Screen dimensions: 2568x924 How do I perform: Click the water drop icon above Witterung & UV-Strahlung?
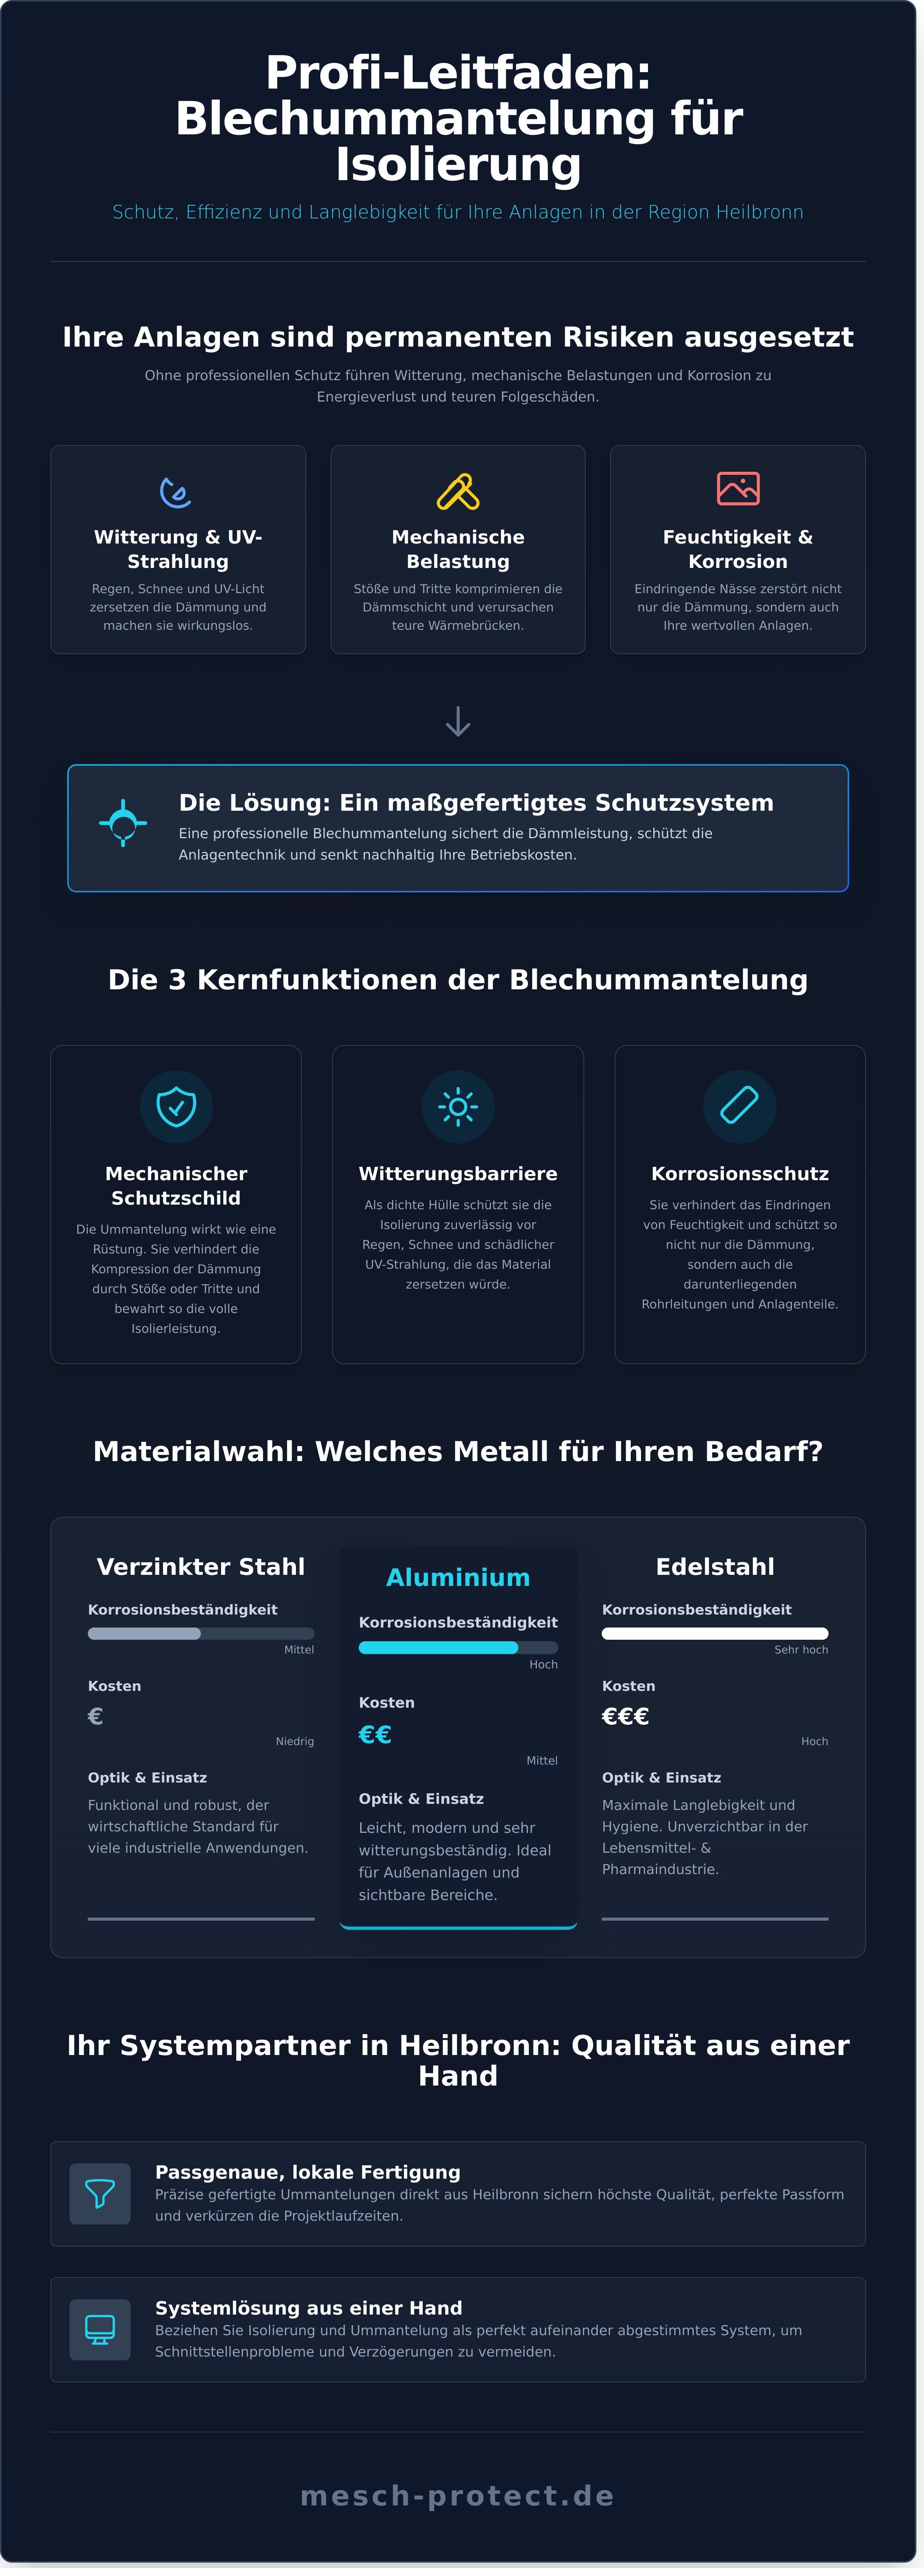176,492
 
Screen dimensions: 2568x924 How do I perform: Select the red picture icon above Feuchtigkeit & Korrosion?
738,489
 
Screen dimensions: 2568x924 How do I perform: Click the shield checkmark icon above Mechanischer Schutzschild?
176,1107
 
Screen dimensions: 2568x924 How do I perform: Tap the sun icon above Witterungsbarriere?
457,1107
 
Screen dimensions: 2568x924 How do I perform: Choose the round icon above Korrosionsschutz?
740,1107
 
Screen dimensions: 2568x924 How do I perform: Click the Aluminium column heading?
457,1577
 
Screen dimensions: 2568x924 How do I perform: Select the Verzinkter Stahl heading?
200,1566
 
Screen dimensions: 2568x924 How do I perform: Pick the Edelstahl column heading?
715,1566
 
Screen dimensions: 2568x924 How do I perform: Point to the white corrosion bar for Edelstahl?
715,1633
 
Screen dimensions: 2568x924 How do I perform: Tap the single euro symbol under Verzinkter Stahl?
96,1716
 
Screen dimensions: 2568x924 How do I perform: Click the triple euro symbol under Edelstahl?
625,1716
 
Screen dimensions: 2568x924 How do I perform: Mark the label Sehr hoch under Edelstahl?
800,1650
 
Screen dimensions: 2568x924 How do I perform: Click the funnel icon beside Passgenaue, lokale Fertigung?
100,2193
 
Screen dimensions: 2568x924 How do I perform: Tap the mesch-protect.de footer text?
457,2495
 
